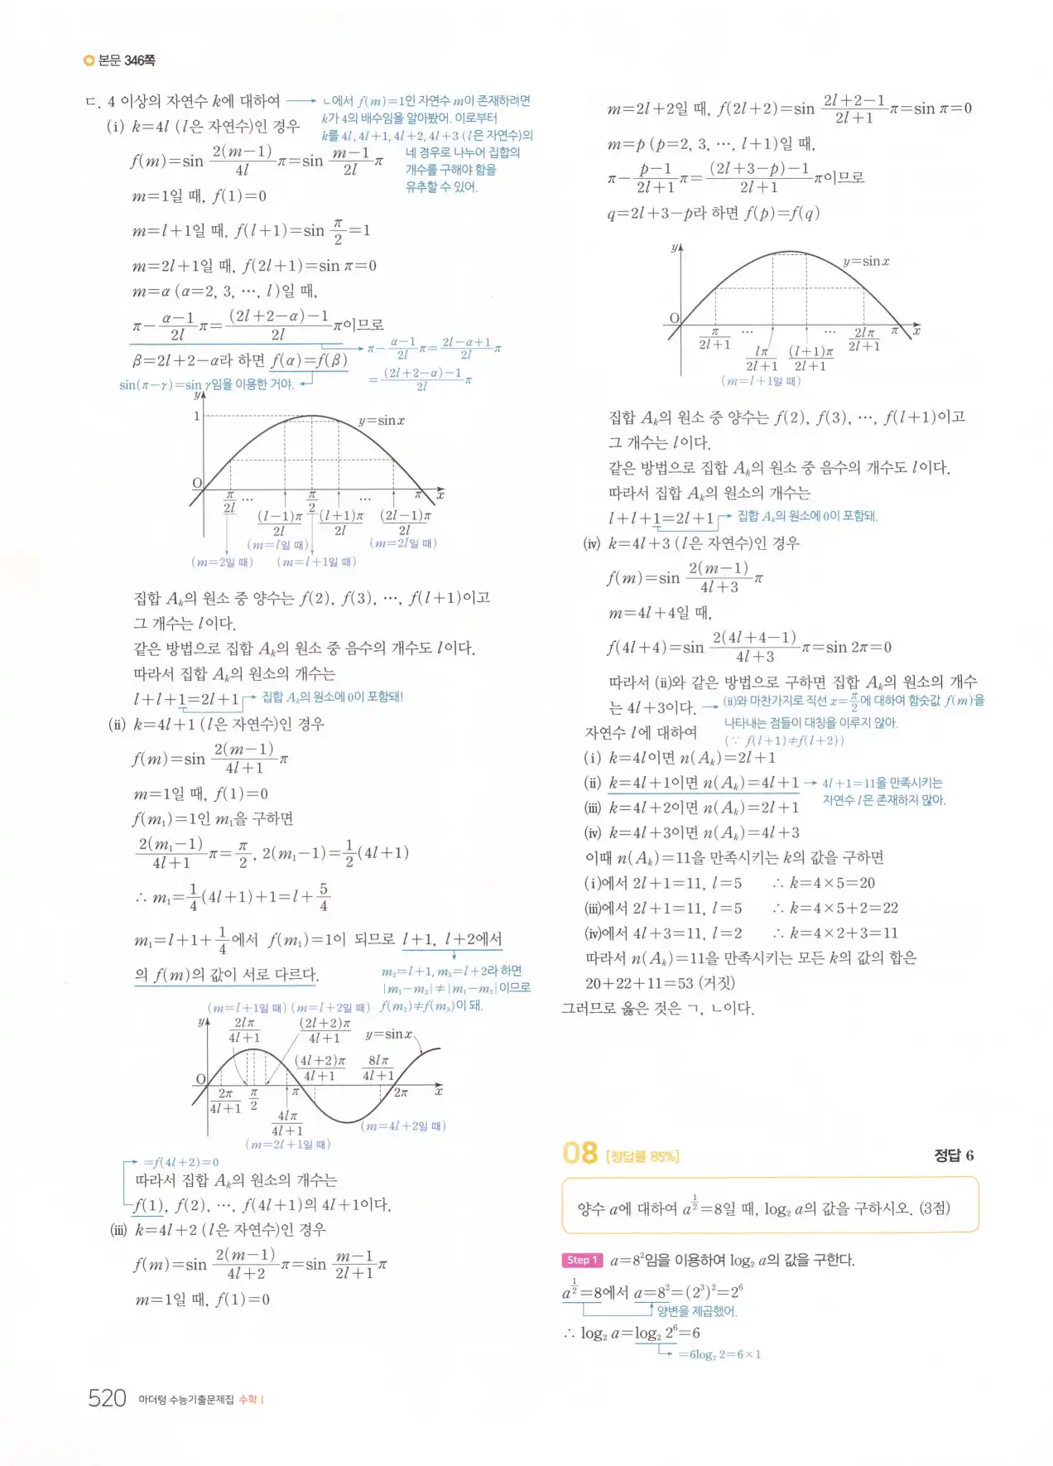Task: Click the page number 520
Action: [x=107, y=1399]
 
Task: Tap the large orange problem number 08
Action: [x=579, y=1153]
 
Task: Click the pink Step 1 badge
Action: [x=579, y=1260]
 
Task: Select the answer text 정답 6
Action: [x=954, y=1155]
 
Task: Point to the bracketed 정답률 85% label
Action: [x=642, y=1156]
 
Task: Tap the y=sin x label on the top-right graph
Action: [x=866, y=262]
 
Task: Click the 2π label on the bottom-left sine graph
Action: [x=401, y=1092]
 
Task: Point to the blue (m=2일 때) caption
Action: [x=222, y=562]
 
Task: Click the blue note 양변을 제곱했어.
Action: [x=697, y=1311]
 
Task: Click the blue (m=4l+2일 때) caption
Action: [x=403, y=1126]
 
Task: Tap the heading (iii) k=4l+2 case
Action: [x=219, y=1230]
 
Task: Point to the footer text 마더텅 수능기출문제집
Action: [x=186, y=1400]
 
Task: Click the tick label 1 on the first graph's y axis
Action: [x=197, y=416]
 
